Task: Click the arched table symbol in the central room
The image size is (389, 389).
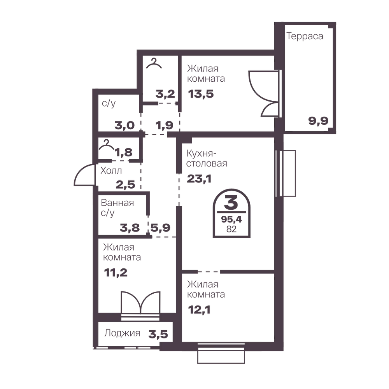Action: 232,213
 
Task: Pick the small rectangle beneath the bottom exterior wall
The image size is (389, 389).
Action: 221,360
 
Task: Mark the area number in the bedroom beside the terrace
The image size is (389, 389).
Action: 200,93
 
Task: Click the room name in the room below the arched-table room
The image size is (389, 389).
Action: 206,290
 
